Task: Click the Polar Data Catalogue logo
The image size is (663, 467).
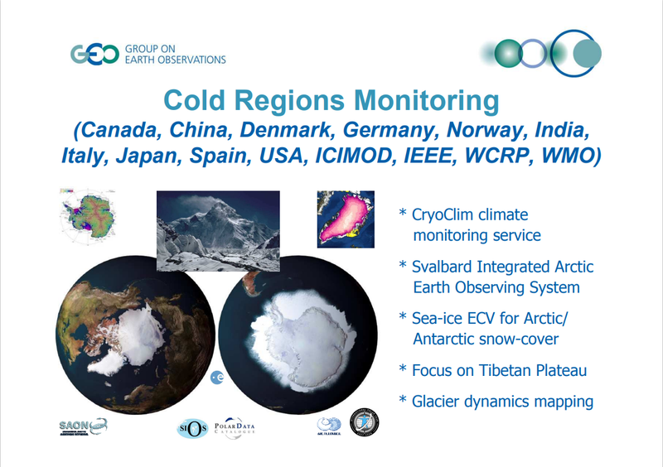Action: coord(243,427)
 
